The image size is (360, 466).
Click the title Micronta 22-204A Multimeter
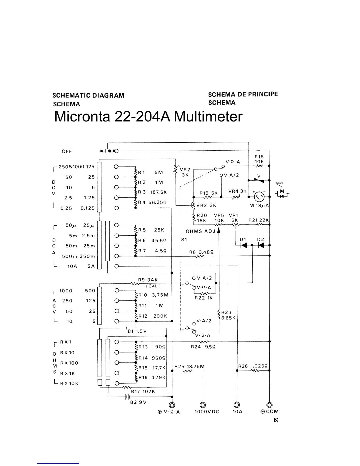[148, 116]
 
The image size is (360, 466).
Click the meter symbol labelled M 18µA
[259, 196]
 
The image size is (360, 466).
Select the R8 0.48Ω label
[201, 252]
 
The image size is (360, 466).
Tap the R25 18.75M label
[189, 367]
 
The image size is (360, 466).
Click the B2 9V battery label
[138, 402]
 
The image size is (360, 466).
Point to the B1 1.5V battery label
[137, 331]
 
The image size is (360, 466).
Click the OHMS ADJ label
[201, 231]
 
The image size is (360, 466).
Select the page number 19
[276, 420]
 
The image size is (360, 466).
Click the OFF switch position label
[67, 151]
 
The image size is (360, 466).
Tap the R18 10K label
[259, 159]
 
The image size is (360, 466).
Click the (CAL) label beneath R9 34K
[153, 286]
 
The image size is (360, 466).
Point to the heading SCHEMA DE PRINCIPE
[243, 94]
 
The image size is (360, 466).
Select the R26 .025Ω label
[253, 366]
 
